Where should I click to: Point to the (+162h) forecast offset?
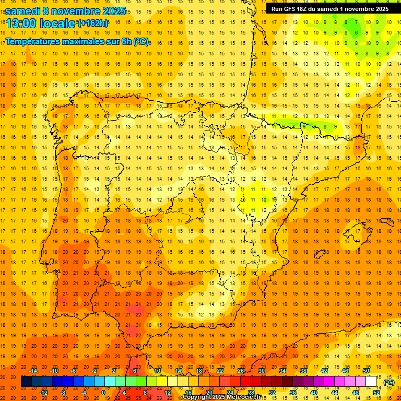click(92, 23)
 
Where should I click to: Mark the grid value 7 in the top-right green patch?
click(357, 22)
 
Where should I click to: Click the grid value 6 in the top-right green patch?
click(357, 33)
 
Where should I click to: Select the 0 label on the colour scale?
click(103, 392)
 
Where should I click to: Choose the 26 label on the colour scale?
click(241, 371)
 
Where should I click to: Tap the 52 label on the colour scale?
click(376, 392)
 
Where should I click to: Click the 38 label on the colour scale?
click(303, 371)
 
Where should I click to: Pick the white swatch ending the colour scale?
click(371, 381)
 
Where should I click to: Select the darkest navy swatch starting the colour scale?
click(26, 381)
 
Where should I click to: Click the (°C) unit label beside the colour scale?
click(388, 382)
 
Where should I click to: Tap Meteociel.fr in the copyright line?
click(243, 397)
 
